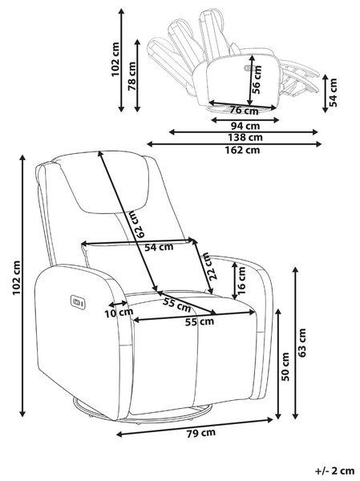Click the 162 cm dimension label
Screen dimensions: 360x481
coord(242,150)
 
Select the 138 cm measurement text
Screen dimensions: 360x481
coord(245,137)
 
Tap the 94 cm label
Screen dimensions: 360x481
coord(245,126)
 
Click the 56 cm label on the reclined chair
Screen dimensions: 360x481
coord(257,79)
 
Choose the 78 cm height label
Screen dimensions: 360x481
coord(131,76)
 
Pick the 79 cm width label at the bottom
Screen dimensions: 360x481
coord(201,433)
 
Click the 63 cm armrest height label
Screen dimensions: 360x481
coord(302,342)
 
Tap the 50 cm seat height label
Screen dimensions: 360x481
coord(285,366)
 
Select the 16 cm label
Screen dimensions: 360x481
coord(241,280)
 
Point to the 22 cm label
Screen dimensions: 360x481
coord(210,265)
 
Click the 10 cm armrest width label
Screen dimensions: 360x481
coord(119,313)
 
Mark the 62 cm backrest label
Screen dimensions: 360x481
coord(137,224)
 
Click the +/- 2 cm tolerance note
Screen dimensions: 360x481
coord(334,471)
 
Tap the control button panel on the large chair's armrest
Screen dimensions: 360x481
coord(78,302)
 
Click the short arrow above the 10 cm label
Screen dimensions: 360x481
coord(119,304)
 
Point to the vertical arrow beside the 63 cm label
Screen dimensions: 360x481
coord(295,343)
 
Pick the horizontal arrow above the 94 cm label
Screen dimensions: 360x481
coord(245,119)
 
